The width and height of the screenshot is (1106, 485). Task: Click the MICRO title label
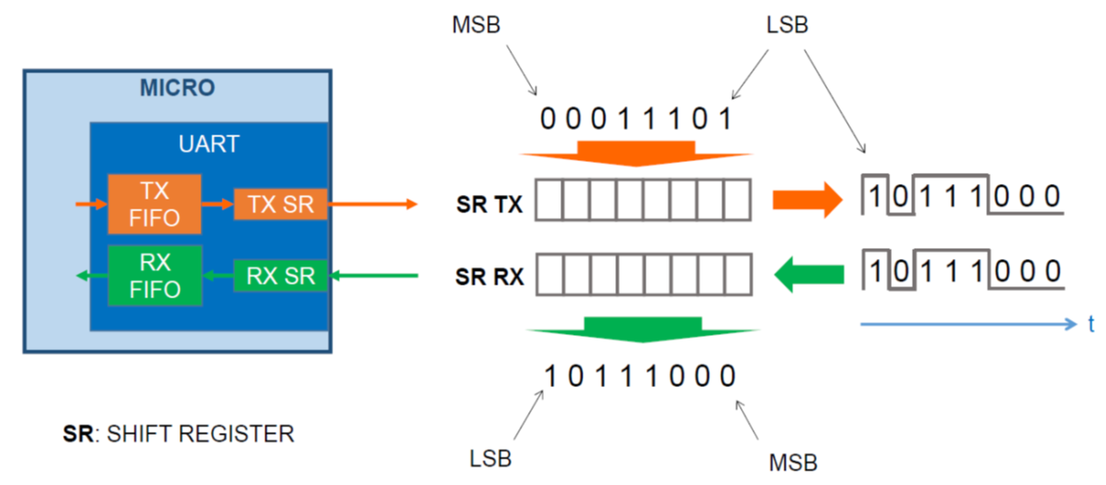coord(178,88)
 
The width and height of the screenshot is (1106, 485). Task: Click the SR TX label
coord(489,204)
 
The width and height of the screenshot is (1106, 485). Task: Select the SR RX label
coord(489,275)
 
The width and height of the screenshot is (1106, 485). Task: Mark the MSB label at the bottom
coord(794,461)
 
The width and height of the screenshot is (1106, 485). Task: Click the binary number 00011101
coord(636,119)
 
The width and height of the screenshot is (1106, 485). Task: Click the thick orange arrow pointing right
coord(806,200)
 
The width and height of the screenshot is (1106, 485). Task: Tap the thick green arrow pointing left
coord(809,273)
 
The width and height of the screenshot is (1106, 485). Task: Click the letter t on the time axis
coord(1091,324)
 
